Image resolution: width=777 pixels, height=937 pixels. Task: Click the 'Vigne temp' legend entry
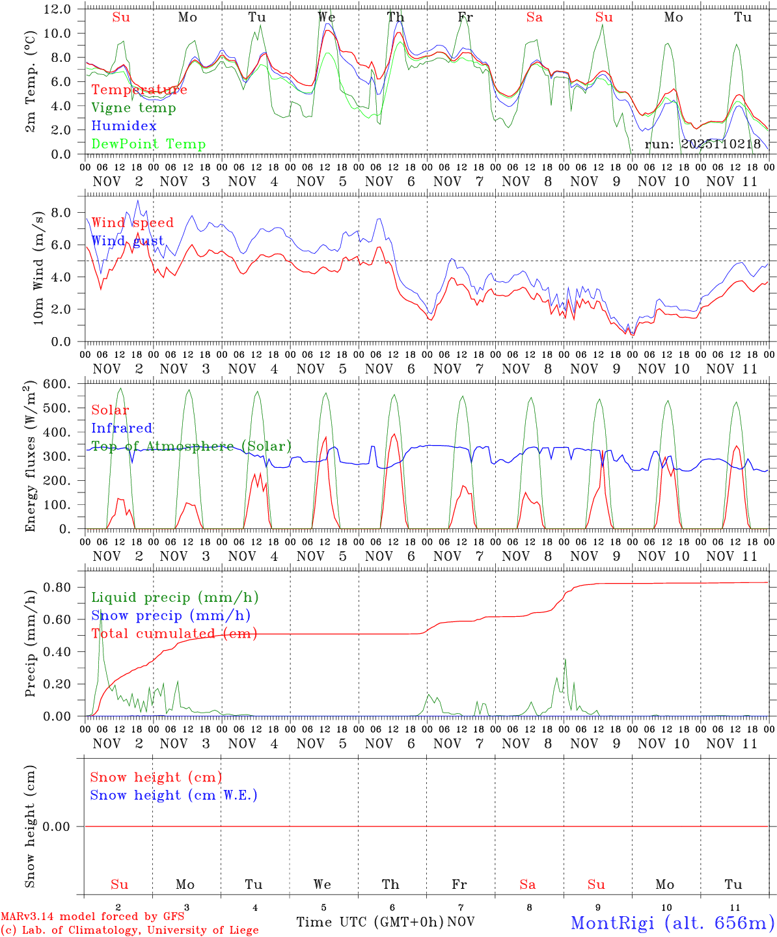133,108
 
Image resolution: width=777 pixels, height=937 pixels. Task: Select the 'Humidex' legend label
124,126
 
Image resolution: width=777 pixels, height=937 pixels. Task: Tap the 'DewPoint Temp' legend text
148,144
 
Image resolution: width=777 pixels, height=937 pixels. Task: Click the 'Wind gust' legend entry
128,241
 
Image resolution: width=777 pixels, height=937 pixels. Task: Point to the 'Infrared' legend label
122,428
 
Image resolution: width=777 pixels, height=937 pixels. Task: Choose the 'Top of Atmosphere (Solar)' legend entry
191,446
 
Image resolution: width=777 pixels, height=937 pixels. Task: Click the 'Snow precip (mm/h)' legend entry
170,616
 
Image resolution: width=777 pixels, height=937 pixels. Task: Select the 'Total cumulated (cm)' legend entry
174,634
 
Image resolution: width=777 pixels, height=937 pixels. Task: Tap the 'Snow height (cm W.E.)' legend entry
174,795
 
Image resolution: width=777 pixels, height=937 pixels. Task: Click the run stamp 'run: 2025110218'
702,144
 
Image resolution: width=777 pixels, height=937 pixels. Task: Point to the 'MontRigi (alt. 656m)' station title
672,922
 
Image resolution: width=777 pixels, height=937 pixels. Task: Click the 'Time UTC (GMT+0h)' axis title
370,922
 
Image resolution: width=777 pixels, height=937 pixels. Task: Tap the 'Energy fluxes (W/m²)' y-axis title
30,457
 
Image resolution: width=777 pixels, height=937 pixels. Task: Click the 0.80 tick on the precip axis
57,587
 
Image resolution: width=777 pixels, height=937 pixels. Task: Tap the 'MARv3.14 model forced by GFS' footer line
92,917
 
